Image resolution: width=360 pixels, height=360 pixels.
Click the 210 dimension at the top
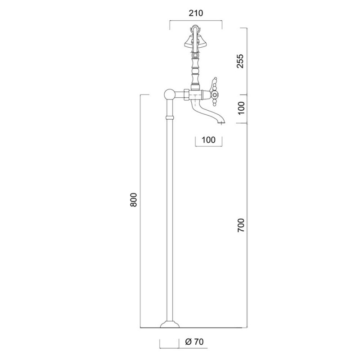[196, 13]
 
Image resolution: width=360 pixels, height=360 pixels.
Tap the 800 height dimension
[133, 200]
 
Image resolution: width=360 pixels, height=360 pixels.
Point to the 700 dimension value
[241, 225]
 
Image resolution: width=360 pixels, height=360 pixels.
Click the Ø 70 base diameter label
[194, 342]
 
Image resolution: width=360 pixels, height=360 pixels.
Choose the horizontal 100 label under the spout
[208, 139]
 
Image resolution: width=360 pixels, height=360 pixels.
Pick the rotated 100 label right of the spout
[241, 108]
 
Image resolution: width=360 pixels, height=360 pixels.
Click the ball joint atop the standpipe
[170, 94]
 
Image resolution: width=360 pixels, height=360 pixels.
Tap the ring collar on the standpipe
[170, 118]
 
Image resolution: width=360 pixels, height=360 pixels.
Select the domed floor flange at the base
[170, 324]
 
